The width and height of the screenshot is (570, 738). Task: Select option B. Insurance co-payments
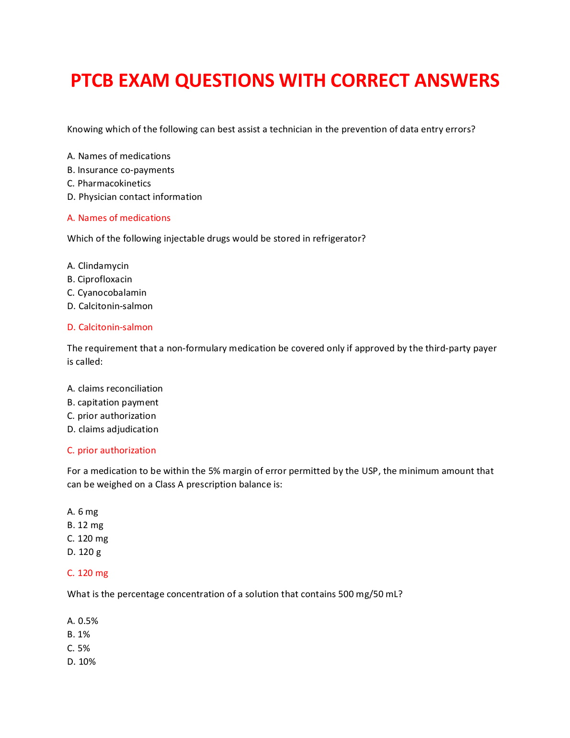(121, 170)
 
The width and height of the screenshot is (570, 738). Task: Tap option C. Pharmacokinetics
(109, 184)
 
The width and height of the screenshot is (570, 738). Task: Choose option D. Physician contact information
(135, 197)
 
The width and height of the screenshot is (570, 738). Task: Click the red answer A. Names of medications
(119, 218)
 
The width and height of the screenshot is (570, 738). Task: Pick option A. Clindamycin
(98, 266)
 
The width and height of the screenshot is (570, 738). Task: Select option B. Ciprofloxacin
(100, 279)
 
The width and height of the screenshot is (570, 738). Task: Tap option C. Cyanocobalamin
(107, 293)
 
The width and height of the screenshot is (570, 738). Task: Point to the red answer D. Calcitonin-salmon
(110, 327)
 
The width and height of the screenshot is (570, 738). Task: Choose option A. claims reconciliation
(115, 389)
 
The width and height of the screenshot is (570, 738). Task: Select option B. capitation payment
(113, 403)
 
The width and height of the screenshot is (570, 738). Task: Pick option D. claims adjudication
(113, 429)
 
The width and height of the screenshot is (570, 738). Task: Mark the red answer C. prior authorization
(112, 450)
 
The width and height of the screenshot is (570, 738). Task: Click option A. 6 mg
(83, 512)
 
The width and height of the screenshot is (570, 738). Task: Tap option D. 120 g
(84, 552)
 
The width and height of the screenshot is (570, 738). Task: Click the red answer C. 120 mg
(88, 573)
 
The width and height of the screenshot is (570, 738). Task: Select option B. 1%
(79, 634)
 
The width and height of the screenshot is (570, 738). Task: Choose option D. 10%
(82, 662)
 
